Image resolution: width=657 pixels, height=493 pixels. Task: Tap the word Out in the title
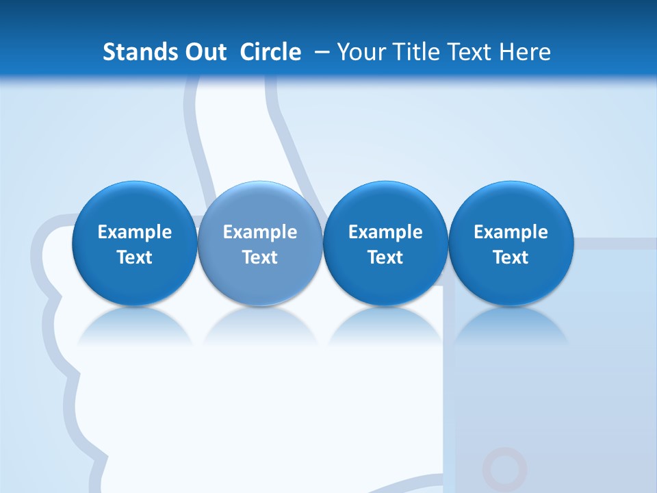204,52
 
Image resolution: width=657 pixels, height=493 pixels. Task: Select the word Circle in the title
270,52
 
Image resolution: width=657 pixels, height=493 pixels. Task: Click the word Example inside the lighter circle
260,232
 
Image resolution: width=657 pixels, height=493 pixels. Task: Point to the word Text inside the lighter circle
260,257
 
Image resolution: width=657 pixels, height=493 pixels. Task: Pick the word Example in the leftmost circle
134,232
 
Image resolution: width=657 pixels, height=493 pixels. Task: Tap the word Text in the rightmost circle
511,257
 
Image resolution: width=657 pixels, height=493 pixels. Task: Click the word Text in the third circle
385,257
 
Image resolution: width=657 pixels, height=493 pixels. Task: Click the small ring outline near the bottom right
505,470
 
